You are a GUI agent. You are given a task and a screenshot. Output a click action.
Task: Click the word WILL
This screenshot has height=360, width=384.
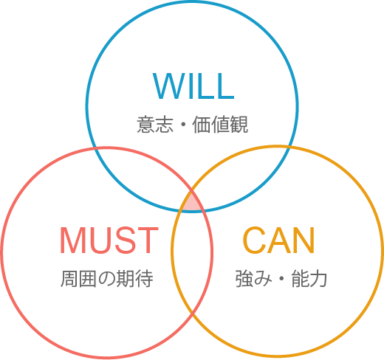pos(193,86)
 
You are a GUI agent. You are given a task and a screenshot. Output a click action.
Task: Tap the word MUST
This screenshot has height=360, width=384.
pos(109,240)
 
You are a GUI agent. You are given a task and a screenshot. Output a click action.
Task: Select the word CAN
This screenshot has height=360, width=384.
pos(279,240)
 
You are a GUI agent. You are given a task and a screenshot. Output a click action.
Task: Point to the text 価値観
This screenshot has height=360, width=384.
pos(220,125)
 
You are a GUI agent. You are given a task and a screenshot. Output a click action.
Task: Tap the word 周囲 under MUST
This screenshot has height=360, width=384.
pos(78,279)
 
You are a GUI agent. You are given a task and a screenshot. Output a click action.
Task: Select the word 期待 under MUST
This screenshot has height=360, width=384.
pos(134,279)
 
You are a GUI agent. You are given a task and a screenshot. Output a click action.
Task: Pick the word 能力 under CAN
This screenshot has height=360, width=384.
pos(309,279)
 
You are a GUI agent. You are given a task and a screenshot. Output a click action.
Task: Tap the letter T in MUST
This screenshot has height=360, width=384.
pos(148,240)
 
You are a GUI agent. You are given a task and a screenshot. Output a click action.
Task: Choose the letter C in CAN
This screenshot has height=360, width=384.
pos(255,240)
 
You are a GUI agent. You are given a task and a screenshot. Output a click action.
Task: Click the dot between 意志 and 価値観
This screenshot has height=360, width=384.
pos(183,125)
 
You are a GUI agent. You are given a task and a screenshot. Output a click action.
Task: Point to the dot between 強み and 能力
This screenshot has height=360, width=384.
pos(281,279)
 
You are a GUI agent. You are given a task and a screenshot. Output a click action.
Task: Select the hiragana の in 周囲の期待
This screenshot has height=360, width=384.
pos(106,279)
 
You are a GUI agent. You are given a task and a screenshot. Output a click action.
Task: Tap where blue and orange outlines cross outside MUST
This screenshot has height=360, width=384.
pos(290,147)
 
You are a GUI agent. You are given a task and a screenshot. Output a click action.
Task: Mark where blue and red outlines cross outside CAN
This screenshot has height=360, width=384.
pos(94,148)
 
